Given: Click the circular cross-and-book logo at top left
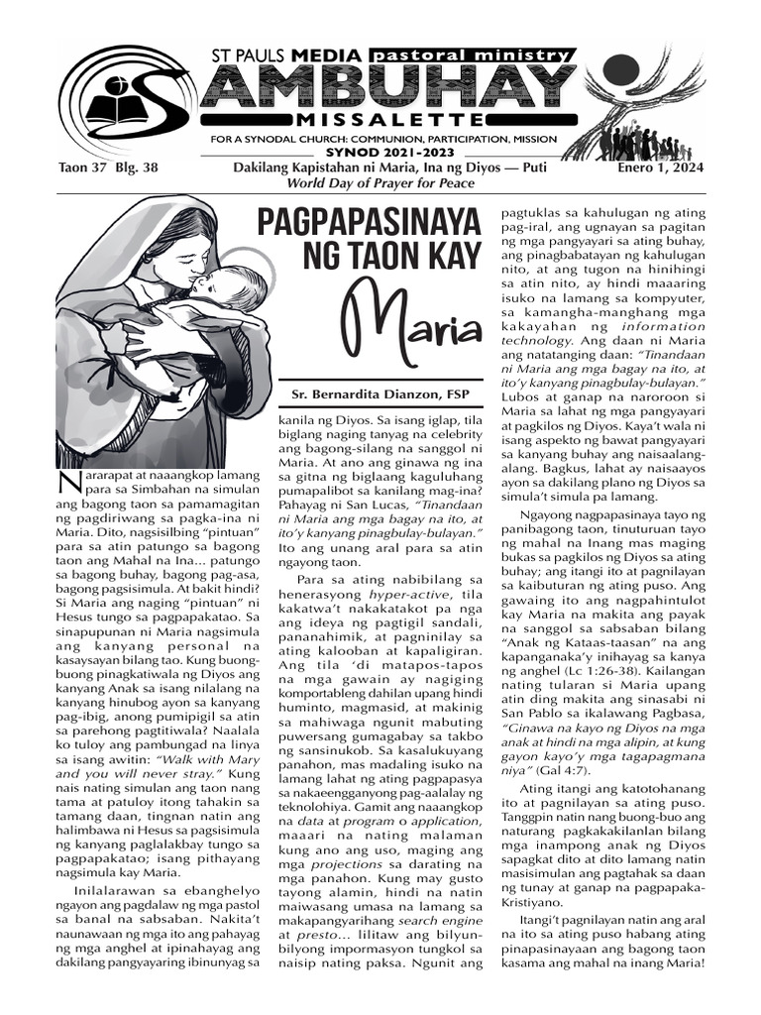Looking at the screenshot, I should click(x=110, y=98).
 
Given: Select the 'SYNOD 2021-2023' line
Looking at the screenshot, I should click(x=391, y=154).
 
